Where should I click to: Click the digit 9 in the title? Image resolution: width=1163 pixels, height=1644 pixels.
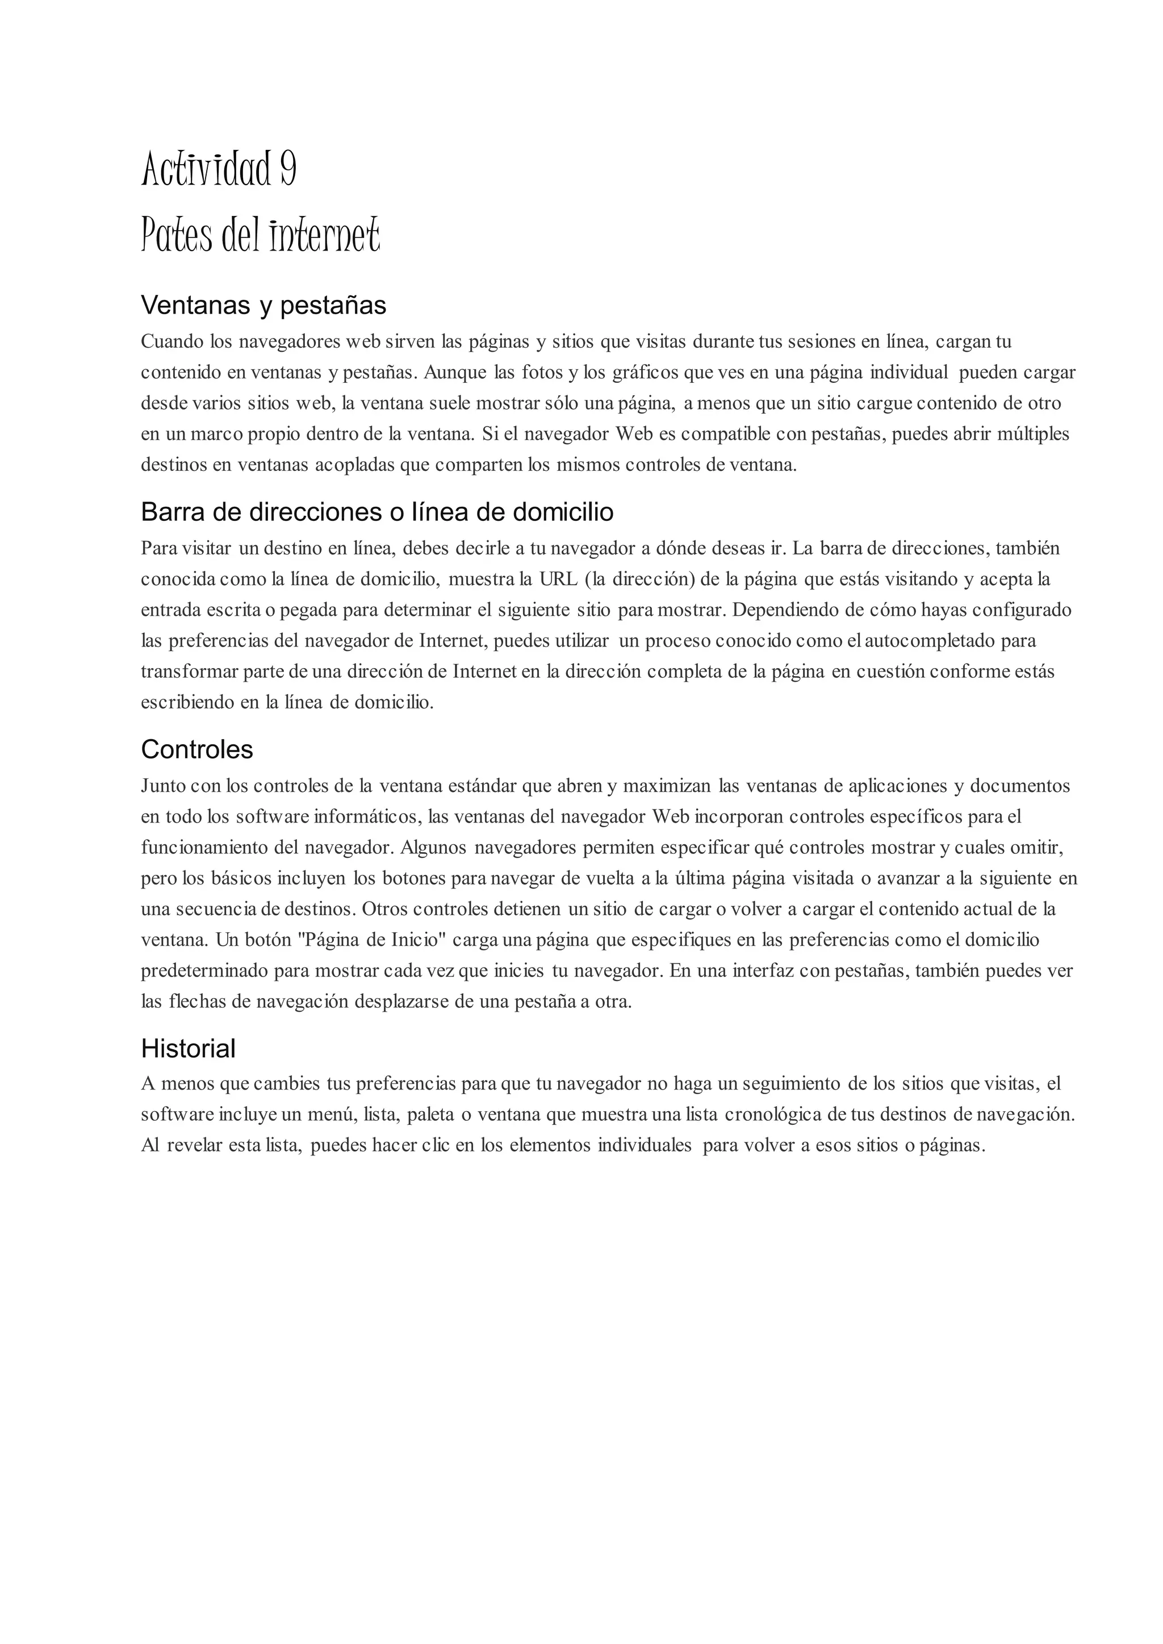pyautogui.click(x=287, y=169)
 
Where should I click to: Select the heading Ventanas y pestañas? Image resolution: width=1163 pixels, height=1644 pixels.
pyautogui.click(x=263, y=305)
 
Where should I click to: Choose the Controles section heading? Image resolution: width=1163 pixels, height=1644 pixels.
pyautogui.click(x=197, y=749)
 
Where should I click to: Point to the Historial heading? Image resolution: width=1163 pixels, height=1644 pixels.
pyautogui.click(x=189, y=1049)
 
